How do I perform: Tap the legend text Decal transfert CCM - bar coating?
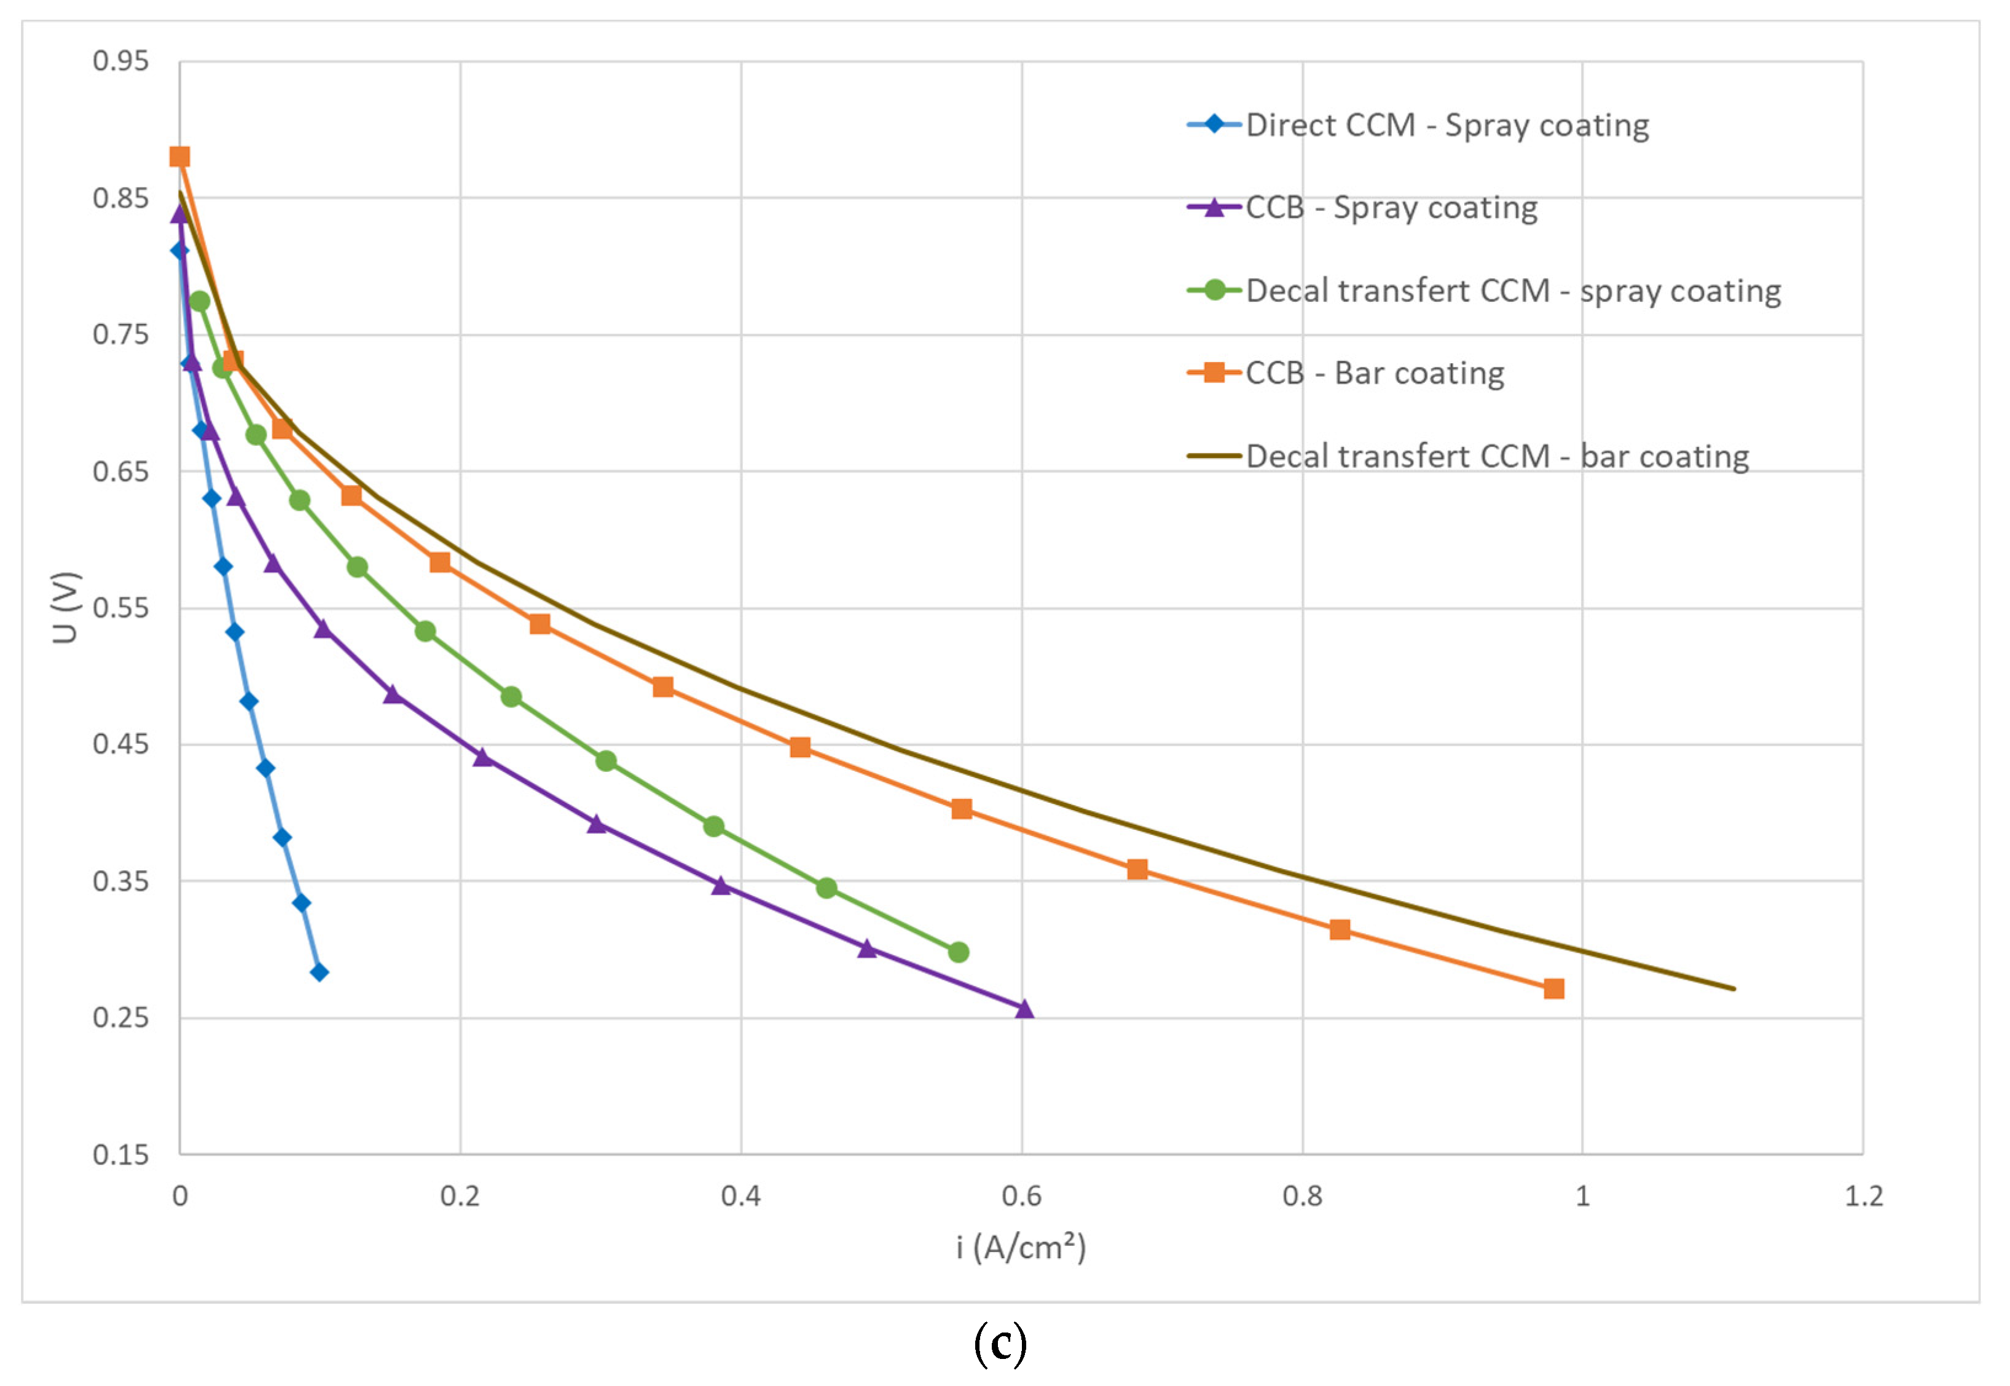click(1497, 457)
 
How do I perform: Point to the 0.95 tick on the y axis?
click(120, 61)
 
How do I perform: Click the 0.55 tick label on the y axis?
click(120, 608)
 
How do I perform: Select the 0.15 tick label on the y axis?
click(120, 1155)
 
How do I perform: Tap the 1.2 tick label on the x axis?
click(1863, 1197)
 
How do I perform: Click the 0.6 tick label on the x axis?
click(1021, 1197)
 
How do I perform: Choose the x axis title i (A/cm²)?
click(1021, 1248)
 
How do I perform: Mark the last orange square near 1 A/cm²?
click(1554, 989)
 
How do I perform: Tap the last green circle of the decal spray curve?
click(959, 953)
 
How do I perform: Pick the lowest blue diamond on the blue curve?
click(320, 972)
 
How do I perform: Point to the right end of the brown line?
click(1733, 988)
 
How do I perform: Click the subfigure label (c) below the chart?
click(1000, 1344)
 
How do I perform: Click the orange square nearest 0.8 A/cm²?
click(1340, 930)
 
